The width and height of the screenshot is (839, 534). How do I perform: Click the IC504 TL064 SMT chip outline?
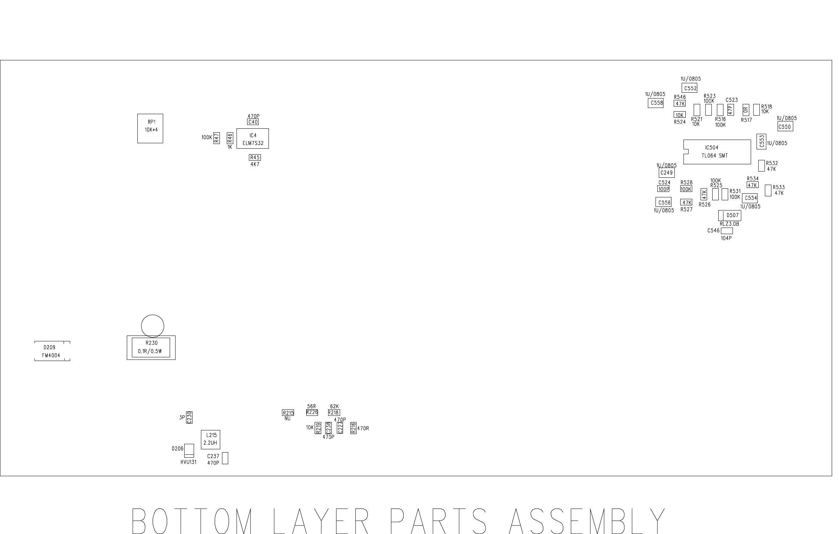pyautogui.click(x=717, y=152)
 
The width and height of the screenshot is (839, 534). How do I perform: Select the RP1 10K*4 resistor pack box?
pyautogui.click(x=150, y=128)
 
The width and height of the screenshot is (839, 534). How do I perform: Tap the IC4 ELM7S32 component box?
pyautogui.click(x=253, y=138)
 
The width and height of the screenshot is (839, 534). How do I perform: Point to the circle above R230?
pyautogui.click(x=153, y=326)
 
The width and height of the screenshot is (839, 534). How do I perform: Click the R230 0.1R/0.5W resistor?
pyautogui.click(x=151, y=348)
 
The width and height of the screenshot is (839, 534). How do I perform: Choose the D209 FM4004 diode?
pyautogui.click(x=52, y=351)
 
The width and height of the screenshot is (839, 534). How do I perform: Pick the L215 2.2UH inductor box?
pyautogui.click(x=210, y=439)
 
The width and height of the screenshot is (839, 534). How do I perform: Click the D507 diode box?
pyautogui.click(x=730, y=216)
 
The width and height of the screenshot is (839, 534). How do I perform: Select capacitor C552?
pyautogui.click(x=689, y=88)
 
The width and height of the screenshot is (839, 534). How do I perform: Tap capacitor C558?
pyautogui.click(x=656, y=103)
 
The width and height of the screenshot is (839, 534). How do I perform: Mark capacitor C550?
pyautogui.click(x=785, y=127)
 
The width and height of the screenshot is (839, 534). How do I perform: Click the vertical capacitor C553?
pyautogui.click(x=761, y=141)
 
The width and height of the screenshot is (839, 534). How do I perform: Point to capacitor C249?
pyautogui.click(x=666, y=173)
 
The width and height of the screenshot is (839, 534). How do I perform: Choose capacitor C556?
pyautogui.click(x=663, y=202)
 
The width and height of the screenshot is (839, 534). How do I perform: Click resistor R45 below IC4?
pyautogui.click(x=255, y=157)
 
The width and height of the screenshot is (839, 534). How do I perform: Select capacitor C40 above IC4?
pyautogui.click(x=253, y=122)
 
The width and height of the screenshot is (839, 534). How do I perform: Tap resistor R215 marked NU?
pyautogui.click(x=288, y=413)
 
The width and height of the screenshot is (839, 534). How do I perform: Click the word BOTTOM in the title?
pyautogui.click(x=192, y=521)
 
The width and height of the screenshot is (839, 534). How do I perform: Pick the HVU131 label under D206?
pyautogui.click(x=188, y=462)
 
